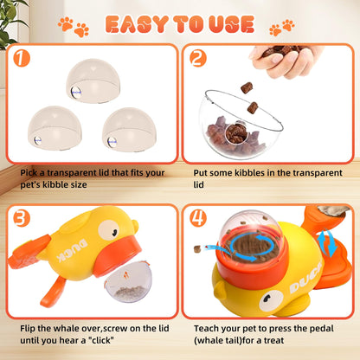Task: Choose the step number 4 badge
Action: click(199, 218)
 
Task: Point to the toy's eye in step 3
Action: click(107, 230)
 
